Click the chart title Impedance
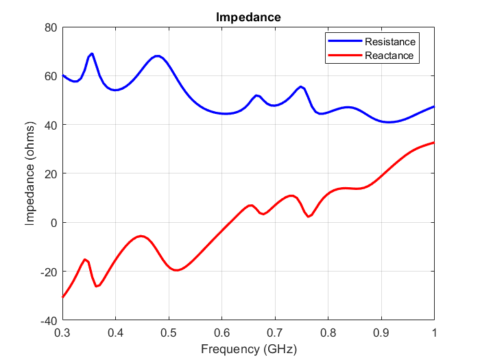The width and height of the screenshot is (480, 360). tap(248, 17)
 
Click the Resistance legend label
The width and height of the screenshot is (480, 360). tap(389, 42)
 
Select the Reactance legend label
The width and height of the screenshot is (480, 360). tap(389, 56)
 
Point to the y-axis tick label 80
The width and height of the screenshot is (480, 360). tap(50, 27)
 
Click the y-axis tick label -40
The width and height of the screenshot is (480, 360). tap(47, 320)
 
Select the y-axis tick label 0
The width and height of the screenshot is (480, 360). tap(53, 223)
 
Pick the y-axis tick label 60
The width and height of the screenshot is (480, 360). tap(50, 75)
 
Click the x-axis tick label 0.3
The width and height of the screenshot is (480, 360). tap(62, 333)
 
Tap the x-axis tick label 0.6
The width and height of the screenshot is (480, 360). tap(221, 333)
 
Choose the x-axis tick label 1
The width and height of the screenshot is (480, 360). tap(434, 333)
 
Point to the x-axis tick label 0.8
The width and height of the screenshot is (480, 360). tap(328, 333)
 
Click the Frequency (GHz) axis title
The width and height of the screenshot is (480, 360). tap(248, 348)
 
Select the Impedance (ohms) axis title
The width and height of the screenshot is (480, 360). tap(30, 173)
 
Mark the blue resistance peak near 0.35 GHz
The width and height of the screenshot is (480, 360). tap(91, 53)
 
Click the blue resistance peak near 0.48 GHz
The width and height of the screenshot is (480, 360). tap(158, 56)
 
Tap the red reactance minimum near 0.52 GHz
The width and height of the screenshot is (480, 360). tap(177, 270)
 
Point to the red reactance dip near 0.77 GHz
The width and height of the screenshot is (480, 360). tap(309, 217)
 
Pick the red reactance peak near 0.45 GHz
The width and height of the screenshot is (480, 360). tap(141, 236)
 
